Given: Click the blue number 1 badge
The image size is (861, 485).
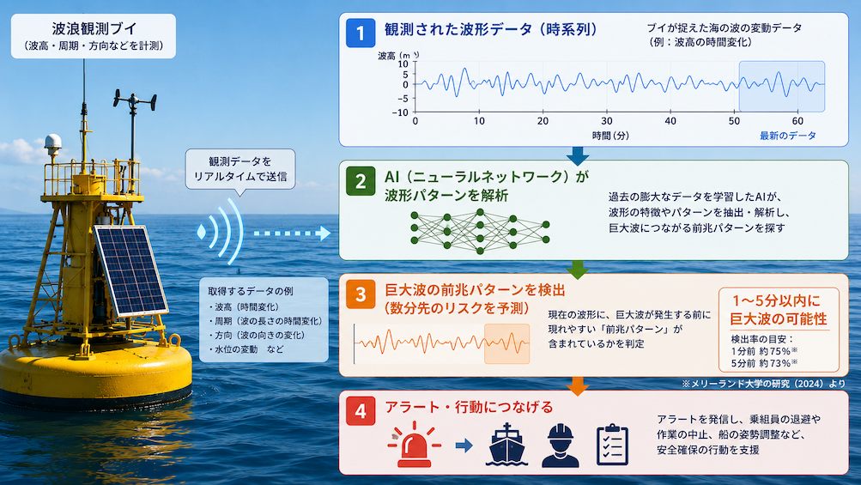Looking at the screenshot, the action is tap(361, 33).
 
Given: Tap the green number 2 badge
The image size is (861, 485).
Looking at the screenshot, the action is tap(361, 181).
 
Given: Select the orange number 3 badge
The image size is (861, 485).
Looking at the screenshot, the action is tap(361, 294).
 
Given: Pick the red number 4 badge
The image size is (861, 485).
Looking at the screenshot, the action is tap(361, 411).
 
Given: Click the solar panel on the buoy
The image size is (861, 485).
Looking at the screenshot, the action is tap(130, 270).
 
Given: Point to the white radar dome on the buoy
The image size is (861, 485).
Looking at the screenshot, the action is tap(52, 142).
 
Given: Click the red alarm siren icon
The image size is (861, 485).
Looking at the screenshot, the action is tap(415, 445).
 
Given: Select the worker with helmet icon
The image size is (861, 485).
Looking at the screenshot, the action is tap(560, 446).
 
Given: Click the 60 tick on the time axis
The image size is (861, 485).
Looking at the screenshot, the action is tap(797, 121).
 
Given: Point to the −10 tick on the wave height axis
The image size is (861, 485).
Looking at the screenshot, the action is tap(400, 112).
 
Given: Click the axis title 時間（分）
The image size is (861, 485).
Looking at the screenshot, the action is tap(610, 136).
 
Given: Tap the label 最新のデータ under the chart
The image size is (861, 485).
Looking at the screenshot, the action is tap(788, 136).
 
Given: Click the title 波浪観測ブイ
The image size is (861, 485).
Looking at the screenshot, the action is tap(94, 28).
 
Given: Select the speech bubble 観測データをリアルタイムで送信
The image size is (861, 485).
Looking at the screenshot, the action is tap(240, 170).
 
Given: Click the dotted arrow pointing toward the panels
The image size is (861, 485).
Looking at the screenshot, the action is tap(292, 233).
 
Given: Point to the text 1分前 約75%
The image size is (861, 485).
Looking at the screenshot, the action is tap(764, 351).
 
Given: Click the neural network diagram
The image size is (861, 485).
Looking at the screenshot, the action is tap(480, 231).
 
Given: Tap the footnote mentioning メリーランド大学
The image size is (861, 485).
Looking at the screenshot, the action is tap(763, 384).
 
